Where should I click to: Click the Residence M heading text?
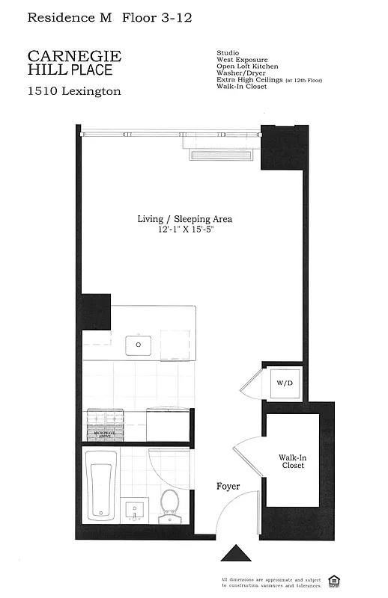pos(69,16)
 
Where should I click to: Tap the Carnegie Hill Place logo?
pos(74,63)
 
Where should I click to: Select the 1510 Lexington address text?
pos(73,92)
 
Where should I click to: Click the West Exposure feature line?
pos(242,60)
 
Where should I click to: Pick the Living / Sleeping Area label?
pos(184,219)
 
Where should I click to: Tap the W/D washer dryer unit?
pos(285,383)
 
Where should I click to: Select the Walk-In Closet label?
pos(291,460)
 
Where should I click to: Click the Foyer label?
pos(228,486)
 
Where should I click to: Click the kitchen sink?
pos(139,345)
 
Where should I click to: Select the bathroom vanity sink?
pos(135,511)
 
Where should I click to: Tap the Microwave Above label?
pos(104,433)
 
